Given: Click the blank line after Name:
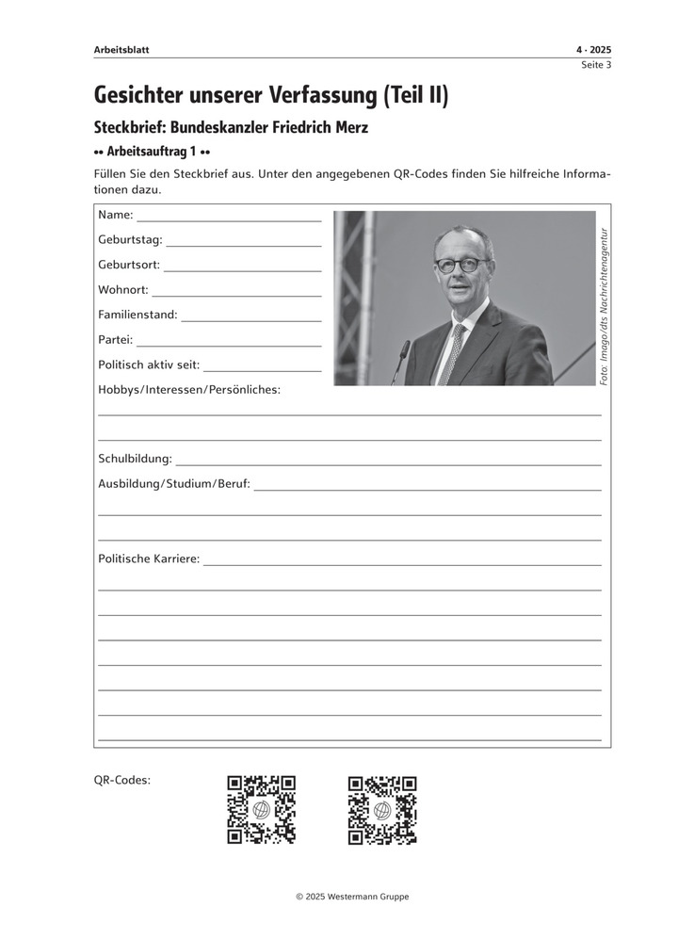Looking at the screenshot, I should tap(228, 219).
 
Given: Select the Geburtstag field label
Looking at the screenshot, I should tap(130, 240).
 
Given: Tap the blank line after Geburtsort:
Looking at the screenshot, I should tap(242, 270).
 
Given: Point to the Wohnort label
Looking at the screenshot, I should tap(122, 290).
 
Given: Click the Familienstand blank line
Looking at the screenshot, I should tap(250, 320).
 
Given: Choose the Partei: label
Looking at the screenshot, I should tap(115, 340).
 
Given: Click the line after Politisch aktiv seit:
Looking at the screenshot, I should tap(262, 370).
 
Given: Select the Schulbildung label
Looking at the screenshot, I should tap(135, 459).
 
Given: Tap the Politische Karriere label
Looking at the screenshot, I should tap(149, 559).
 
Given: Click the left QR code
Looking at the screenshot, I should tap(261, 809).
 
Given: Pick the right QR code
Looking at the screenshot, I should tap(382, 809).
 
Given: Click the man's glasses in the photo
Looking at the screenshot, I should tap(461, 265).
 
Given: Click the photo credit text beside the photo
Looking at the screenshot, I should tap(604, 305).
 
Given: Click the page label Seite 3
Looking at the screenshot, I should tap(594, 65).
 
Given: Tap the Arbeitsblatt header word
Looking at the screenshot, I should tap(121, 49).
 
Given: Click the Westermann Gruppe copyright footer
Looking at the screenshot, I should tap(352, 897).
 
